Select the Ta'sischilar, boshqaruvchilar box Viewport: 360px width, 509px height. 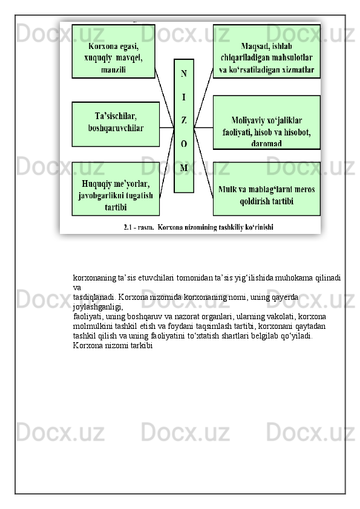[x=116, y=123]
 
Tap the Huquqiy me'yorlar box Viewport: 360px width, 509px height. [x=116, y=189]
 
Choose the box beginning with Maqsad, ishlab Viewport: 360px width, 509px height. [x=266, y=51]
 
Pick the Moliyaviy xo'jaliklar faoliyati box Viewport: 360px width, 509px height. [x=266, y=123]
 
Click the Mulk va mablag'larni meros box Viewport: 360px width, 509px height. [x=266, y=189]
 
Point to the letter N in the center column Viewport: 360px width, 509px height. [x=184, y=74]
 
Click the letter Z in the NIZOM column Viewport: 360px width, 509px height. [x=184, y=120]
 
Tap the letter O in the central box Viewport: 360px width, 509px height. [x=184, y=144]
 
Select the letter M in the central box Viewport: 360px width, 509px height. [x=184, y=167]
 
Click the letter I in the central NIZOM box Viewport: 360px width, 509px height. [x=184, y=97]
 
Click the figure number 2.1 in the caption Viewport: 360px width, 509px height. [x=128, y=228]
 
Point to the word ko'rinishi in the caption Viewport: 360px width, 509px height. [x=260, y=228]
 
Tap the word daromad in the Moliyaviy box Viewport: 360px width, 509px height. [x=266, y=144]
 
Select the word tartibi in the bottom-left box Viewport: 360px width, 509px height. [x=115, y=207]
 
